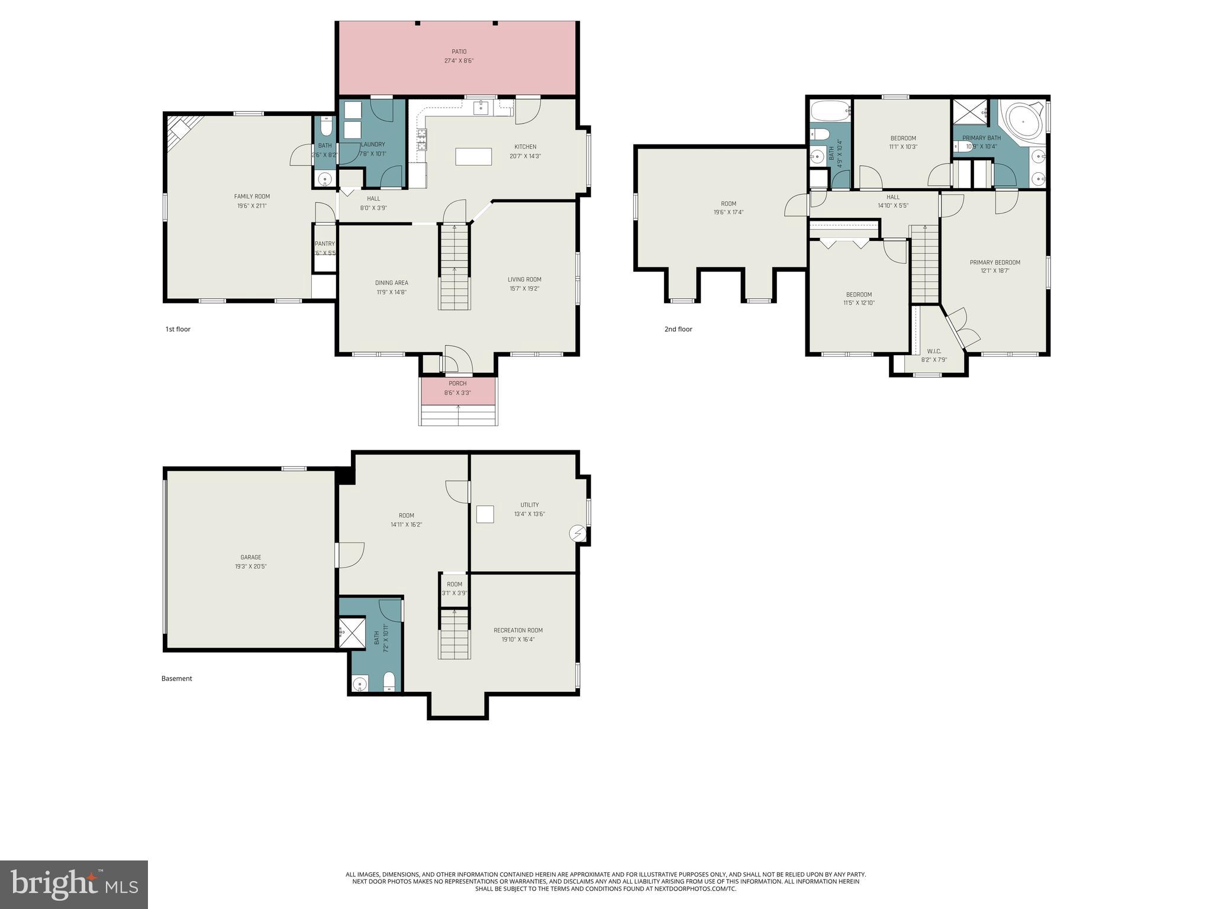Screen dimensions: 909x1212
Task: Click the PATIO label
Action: [459, 51]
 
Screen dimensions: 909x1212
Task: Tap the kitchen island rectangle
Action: [473, 156]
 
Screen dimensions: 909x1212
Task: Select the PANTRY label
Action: [324, 244]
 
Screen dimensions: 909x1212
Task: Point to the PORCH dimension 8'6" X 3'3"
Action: [457, 393]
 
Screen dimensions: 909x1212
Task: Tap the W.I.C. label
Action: [934, 351]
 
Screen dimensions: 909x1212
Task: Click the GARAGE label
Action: [250, 557]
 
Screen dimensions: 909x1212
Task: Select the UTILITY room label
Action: [529, 505]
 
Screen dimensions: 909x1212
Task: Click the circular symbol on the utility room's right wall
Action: [578, 534]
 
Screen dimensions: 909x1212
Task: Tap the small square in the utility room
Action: [485, 514]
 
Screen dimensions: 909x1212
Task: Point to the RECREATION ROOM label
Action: [518, 630]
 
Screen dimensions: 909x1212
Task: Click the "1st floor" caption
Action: [178, 329]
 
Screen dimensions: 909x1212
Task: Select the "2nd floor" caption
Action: [678, 329]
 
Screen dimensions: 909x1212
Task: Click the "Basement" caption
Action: [176, 678]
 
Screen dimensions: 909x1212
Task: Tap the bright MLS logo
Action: [74, 884]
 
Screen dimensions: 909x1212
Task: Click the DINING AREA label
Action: [391, 282]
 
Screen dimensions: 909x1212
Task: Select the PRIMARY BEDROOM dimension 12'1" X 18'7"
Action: [994, 271]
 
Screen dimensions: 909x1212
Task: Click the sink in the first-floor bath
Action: [324, 178]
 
